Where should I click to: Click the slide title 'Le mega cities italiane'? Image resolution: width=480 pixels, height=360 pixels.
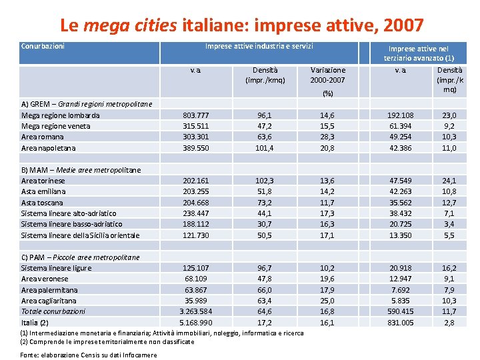241,26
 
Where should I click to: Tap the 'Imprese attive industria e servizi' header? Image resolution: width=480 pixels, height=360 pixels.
259,46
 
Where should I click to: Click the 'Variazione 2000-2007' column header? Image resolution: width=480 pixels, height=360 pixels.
327,75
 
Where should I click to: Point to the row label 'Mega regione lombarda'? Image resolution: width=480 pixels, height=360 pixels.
61,115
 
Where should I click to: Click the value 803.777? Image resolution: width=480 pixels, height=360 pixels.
196,115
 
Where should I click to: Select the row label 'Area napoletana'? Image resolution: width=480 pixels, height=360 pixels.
49,148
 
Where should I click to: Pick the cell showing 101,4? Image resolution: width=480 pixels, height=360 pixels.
265,148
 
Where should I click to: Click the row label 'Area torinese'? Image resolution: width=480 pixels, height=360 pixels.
43,181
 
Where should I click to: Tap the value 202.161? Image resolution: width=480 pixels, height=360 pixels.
196,181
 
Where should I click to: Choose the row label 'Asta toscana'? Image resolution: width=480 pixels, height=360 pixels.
42,203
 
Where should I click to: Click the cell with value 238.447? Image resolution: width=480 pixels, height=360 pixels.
196,213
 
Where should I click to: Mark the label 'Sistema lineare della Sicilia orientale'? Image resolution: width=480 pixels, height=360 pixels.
81,235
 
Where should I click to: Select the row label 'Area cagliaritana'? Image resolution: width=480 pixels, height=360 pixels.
49,301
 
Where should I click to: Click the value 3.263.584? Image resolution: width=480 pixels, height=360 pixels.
196,311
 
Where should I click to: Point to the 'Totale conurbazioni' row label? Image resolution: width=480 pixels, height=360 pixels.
53,311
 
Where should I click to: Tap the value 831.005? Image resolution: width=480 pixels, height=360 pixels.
400,323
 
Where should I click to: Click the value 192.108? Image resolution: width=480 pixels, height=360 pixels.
400,115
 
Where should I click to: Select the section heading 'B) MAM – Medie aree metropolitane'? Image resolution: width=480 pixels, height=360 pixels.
81,170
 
